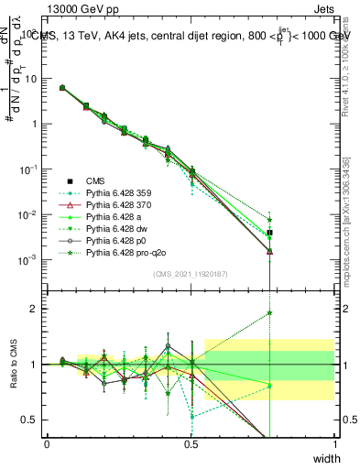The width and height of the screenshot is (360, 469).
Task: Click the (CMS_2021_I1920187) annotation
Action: [191, 274]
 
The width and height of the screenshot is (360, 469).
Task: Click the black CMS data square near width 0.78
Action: [269, 233]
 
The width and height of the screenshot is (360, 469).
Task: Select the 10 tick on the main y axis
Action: [32, 79]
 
